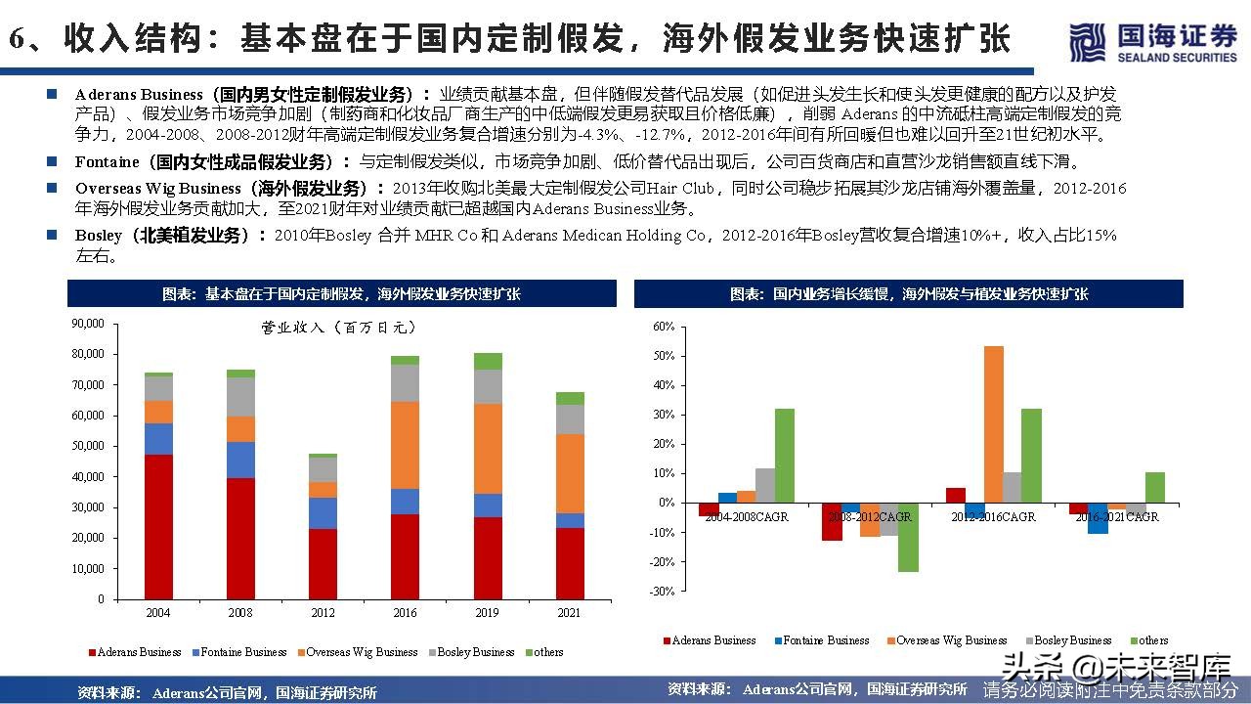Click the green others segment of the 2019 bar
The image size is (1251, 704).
487,361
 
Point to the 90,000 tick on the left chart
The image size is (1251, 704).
87,323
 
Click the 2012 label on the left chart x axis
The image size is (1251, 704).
323,613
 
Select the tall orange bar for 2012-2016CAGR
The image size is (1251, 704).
993,424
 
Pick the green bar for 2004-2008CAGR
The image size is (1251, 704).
785,456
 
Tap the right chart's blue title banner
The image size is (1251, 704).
908,293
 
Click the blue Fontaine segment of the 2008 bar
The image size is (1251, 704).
239,460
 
